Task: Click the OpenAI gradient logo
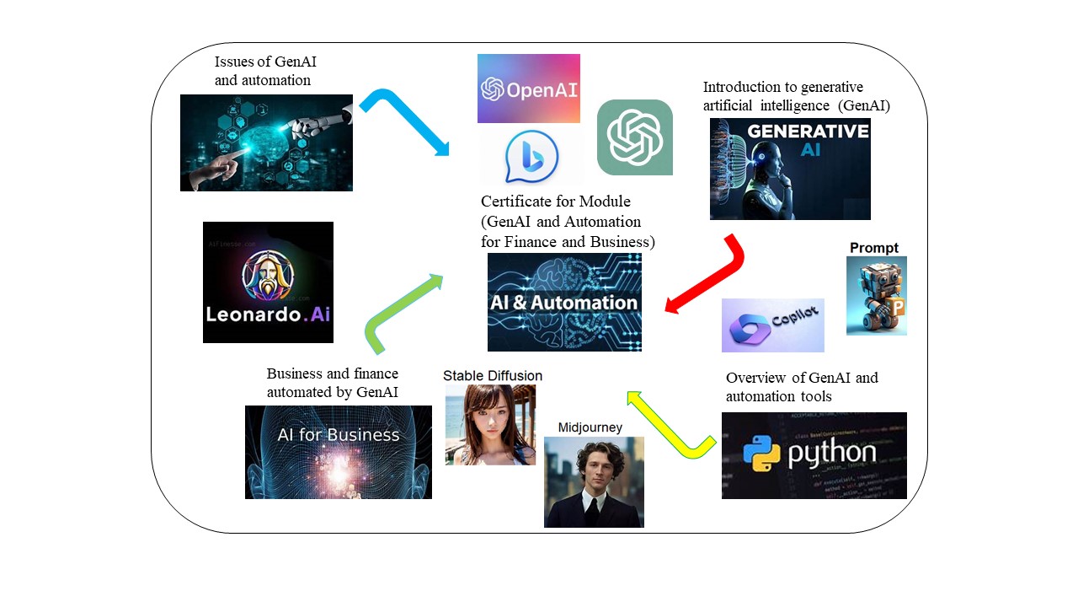[x=528, y=89]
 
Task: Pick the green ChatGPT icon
[x=634, y=137]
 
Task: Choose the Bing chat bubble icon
[x=531, y=157]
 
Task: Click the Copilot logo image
[x=772, y=325]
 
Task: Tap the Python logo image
[x=814, y=455]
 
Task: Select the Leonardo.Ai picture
[x=268, y=282]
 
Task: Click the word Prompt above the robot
[x=874, y=248]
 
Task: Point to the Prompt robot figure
[x=876, y=296]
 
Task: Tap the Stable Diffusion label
[x=493, y=376]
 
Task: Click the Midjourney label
[x=590, y=427]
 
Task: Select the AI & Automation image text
[x=564, y=302]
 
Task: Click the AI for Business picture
[x=338, y=452]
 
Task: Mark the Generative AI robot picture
[x=789, y=169]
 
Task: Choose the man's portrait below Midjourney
[x=593, y=482]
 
